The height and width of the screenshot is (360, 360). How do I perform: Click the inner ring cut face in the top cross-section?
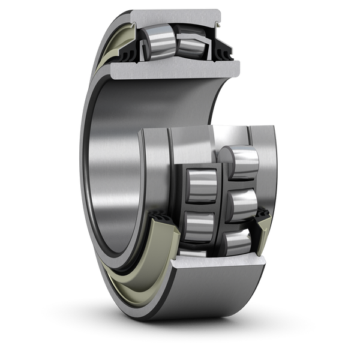tap(174, 71)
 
